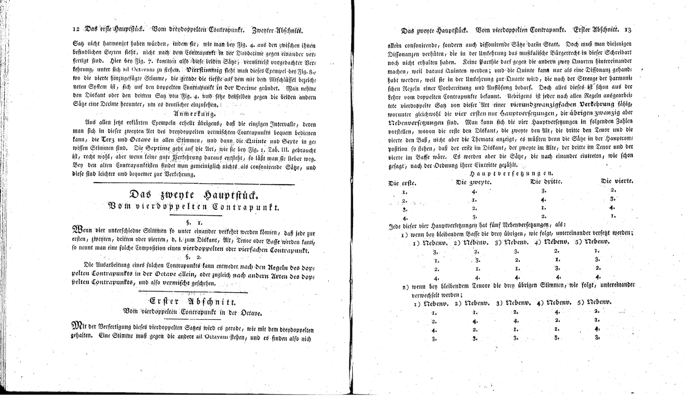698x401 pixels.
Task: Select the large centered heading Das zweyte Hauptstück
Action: pyautogui.click(x=194, y=195)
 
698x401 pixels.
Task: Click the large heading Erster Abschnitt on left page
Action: pyautogui.click(x=193, y=301)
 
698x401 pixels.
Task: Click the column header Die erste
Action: pyautogui.click(x=402, y=183)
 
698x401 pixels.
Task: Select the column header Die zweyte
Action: pyautogui.click(x=474, y=182)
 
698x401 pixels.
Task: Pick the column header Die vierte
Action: pyautogui.click(x=617, y=181)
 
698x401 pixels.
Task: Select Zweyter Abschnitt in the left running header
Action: pyautogui.click(x=277, y=31)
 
